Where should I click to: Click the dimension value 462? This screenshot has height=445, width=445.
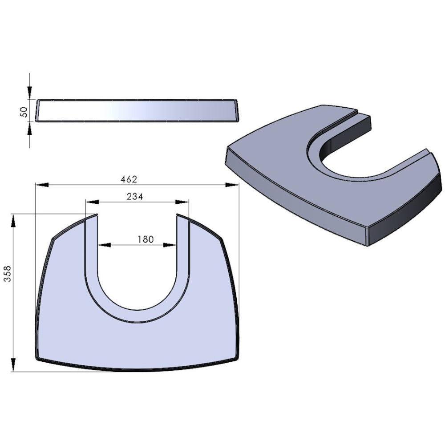tap(129, 179)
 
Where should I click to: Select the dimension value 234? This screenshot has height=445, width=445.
tap(135, 196)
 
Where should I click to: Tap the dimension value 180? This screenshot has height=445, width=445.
tap(146, 239)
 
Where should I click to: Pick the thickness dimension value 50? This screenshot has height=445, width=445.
tap(24, 112)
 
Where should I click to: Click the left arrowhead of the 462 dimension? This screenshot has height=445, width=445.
tap(42, 185)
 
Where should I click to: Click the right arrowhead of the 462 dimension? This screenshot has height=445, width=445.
tap(232, 185)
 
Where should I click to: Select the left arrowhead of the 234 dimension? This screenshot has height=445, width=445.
tap(92, 202)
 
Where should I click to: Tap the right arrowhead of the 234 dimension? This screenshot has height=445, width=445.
tap(182, 202)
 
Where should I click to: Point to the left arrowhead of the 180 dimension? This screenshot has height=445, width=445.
tap(104, 245)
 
